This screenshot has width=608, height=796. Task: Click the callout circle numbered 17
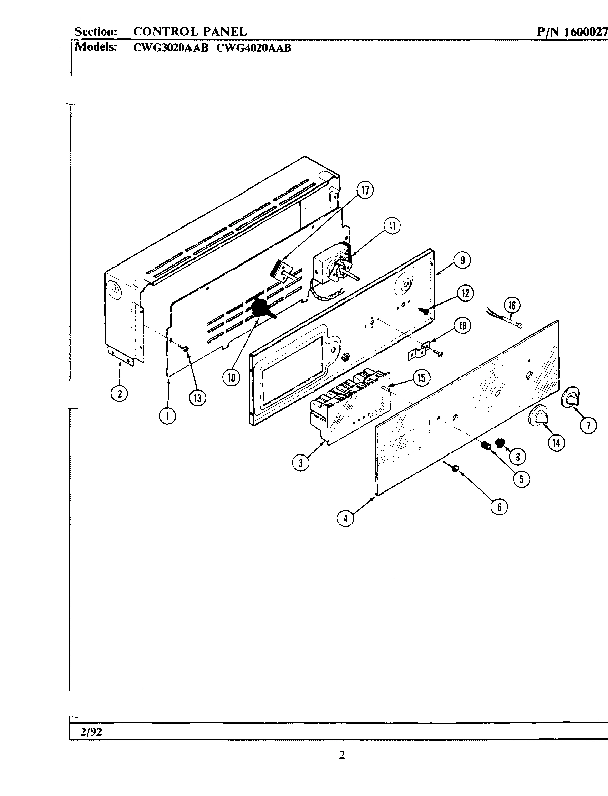(x=364, y=191)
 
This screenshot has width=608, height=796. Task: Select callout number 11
(x=391, y=226)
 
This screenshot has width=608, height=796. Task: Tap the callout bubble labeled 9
(x=461, y=260)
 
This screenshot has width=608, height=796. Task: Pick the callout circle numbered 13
(x=197, y=398)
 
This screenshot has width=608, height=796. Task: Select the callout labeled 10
(x=232, y=377)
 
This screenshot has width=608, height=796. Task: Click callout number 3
(x=301, y=462)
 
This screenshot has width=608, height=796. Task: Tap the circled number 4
(x=346, y=518)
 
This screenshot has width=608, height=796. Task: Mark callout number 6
(x=499, y=506)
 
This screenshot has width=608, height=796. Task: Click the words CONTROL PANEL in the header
(x=190, y=32)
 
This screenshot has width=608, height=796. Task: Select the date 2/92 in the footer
(x=89, y=732)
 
